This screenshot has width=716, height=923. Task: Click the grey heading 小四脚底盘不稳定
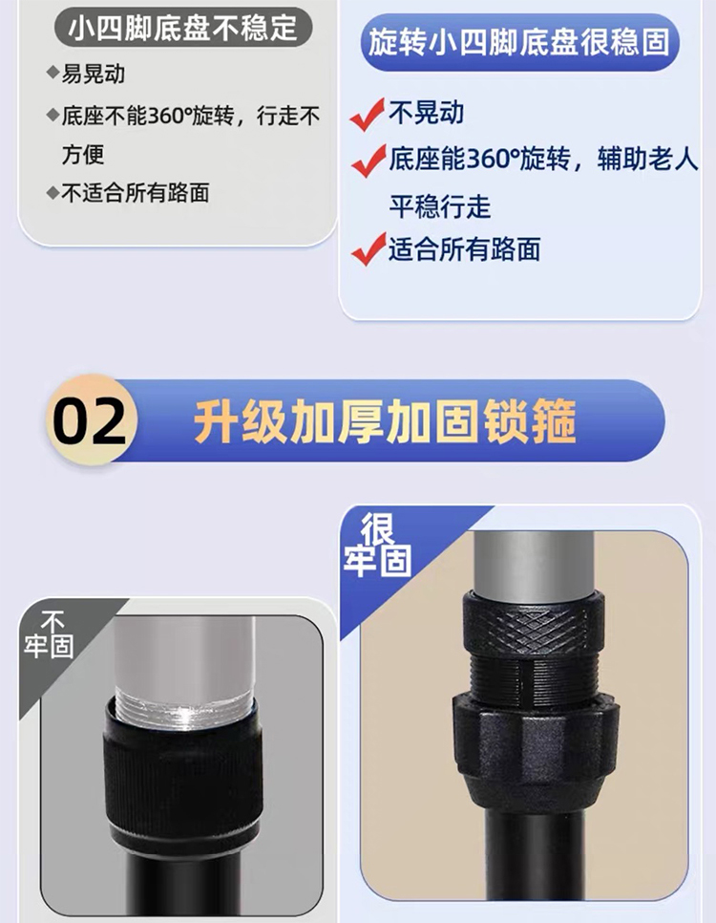click(182, 28)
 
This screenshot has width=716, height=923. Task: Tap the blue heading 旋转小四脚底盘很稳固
click(519, 42)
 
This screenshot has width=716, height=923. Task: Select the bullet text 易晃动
click(94, 75)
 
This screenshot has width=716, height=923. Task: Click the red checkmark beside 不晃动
click(368, 114)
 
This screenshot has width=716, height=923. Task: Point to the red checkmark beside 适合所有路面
click(369, 248)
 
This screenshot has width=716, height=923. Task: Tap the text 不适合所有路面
click(136, 193)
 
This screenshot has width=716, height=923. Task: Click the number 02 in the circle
click(90, 421)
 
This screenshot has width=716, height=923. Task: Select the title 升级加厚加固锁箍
click(385, 420)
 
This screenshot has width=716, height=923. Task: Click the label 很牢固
click(377, 545)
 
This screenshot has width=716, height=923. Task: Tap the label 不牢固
click(49, 634)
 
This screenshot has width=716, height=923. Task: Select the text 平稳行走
click(439, 206)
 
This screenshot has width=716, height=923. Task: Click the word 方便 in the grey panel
click(83, 154)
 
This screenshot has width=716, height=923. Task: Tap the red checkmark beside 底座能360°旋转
click(369, 161)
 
